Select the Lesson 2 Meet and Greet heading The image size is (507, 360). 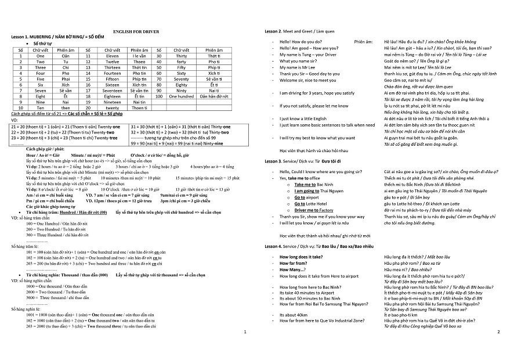[300, 30]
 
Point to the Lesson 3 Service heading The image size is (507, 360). [305, 160]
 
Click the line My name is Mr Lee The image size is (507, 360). [301, 67]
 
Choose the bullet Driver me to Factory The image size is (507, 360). [314, 210]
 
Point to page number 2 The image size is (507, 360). [498, 332]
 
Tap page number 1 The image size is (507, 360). [245, 332]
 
